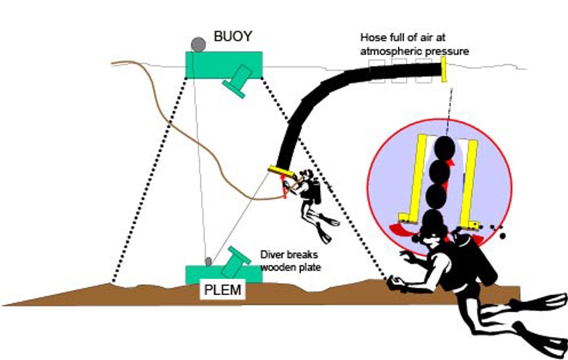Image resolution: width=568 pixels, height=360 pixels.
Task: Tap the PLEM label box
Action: [x=223, y=290]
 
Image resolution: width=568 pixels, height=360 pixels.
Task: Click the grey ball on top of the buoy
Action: [x=198, y=44]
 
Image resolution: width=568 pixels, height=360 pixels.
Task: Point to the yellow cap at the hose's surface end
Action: [x=444, y=69]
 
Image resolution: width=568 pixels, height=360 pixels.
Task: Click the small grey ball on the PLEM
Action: [x=208, y=261]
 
